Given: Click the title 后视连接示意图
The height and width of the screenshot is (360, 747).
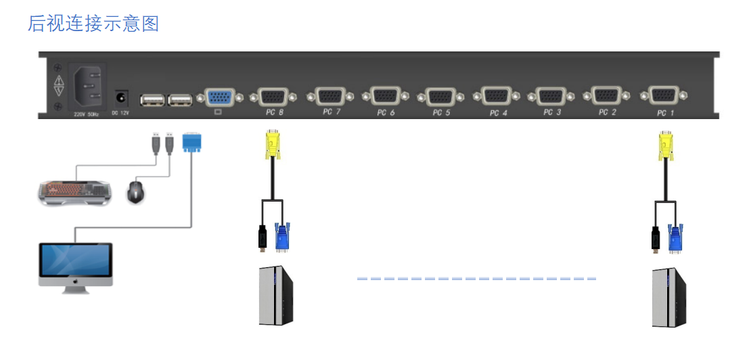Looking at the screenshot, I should (x=93, y=23).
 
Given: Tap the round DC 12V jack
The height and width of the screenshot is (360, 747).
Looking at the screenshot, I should (x=122, y=98).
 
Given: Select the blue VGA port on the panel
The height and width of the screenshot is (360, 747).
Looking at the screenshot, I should (x=218, y=98).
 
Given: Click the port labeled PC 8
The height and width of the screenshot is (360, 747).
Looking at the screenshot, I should (x=274, y=97).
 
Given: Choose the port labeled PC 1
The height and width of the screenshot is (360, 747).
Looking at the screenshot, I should (x=666, y=97).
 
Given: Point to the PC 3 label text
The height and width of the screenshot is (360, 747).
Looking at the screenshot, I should (x=552, y=112).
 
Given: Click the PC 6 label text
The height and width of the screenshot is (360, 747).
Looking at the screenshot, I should (x=386, y=113).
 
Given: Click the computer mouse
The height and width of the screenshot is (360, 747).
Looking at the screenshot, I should (x=136, y=192).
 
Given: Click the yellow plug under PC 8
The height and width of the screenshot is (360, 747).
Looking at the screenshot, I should (x=273, y=145).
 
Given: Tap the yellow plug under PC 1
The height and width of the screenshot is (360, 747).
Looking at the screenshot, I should (x=666, y=145).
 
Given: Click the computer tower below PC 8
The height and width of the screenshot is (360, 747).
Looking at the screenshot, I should (x=277, y=296).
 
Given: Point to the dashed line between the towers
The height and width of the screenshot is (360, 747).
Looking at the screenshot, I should (x=476, y=278).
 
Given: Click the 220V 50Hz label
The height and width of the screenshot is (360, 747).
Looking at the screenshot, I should (x=86, y=114).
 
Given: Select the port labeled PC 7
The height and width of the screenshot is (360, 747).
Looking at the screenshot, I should (x=330, y=97).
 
